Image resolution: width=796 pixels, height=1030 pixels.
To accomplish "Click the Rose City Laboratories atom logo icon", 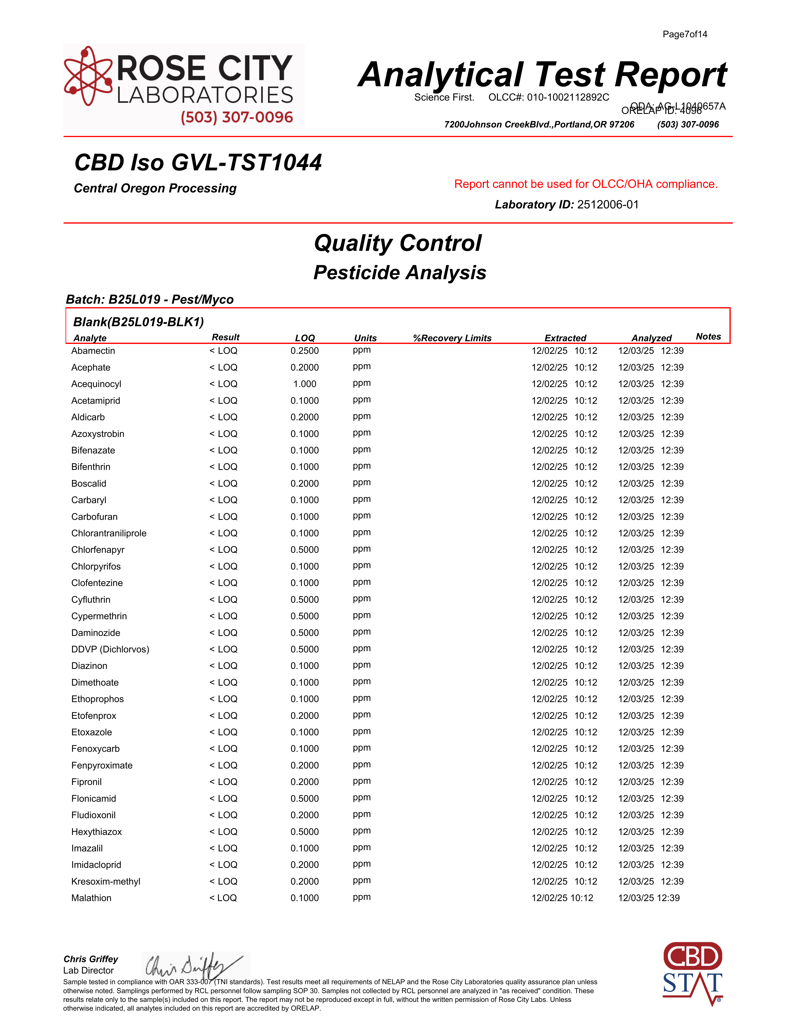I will click(x=88, y=75).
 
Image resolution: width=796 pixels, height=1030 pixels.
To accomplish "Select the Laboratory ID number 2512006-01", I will click(x=608, y=205).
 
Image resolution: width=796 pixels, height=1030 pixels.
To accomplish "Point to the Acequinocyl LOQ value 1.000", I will click(x=305, y=384).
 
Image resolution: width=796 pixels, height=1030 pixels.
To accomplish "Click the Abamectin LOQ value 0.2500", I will click(x=305, y=351).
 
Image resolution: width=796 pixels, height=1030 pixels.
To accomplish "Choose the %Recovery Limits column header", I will click(x=452, y=338).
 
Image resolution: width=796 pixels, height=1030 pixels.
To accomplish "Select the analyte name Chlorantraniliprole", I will click(x=109, y=533).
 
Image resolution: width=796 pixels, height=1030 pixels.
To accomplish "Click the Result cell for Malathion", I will click(x=223, y=898).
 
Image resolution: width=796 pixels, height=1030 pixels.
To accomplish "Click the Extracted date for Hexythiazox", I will click(x=564, y=832).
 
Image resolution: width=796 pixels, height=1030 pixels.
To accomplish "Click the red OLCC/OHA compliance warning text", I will click(x=586, y=184).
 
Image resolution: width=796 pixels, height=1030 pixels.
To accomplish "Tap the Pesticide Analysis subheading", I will click(x=400, y=273).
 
